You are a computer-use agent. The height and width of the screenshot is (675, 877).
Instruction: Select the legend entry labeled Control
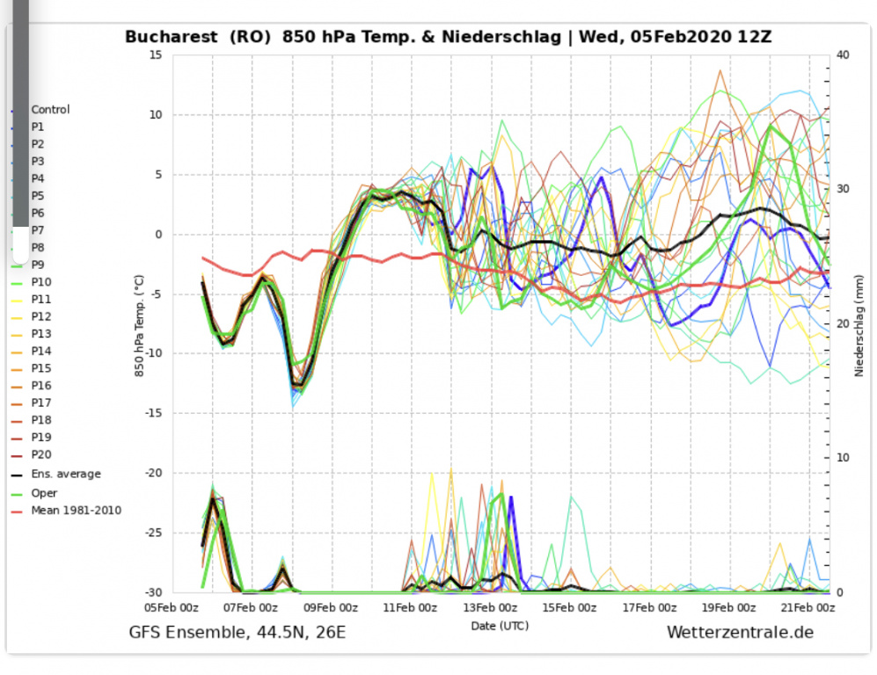click(50, 110)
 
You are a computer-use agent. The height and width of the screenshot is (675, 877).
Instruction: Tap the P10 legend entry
click(41, 282)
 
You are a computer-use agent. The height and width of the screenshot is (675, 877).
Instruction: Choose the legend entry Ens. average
click(66, 475)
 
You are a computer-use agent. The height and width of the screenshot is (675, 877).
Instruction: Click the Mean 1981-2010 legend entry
click(76, 511)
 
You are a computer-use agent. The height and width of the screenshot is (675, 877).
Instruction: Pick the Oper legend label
click(44, 493)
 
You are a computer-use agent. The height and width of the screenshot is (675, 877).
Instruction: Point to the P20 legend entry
click(41, 455)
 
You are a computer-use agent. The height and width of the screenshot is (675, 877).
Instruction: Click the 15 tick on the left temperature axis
click(157, 54)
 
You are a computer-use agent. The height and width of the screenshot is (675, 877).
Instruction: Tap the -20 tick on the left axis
click(154, 473)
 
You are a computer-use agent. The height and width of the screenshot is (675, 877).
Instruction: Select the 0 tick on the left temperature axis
click(159, 235)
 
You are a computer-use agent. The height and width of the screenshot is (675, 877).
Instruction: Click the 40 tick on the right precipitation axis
click(843, 54)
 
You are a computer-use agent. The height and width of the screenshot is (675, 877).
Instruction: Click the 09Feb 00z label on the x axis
click(325, 607)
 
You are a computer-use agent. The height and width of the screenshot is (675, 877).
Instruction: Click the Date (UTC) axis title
click(500, 625)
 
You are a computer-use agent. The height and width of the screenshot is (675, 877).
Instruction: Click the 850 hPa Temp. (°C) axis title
click(139, 324)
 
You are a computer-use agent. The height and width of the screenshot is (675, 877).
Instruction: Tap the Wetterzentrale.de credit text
click(740, 632)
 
